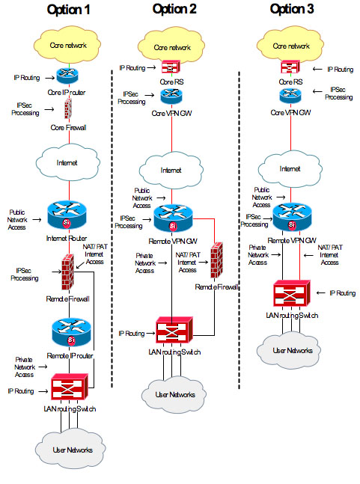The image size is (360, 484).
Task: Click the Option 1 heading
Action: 68,10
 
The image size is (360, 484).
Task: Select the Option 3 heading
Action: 292,9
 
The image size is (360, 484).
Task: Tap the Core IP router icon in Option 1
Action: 67,76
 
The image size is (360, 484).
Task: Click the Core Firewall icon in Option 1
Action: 68,109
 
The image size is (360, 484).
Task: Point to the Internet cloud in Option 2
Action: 171,170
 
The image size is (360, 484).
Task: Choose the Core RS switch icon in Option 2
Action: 171,67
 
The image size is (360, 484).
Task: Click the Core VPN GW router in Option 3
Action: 290,96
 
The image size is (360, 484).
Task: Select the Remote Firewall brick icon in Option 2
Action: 217,260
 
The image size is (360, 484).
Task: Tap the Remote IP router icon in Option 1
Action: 71,333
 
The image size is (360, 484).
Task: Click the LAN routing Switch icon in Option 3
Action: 291,293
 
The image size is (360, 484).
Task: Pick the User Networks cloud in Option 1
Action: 70,449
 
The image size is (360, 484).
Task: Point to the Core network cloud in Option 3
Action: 290,46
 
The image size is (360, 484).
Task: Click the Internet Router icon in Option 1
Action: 67,215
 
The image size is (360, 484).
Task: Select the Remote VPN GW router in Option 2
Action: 173,218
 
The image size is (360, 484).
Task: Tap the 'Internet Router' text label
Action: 67,239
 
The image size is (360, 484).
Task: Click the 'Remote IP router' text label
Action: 70,356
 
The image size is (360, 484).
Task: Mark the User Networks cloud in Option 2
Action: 174,394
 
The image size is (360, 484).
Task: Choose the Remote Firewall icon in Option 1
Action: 67,272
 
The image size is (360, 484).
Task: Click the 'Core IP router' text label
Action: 67,92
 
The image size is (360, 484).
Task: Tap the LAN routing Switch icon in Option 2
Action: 174,330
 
